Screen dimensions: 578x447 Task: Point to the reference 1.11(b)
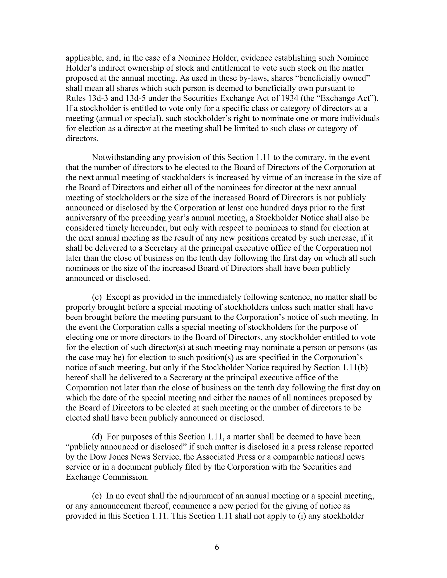click(x=352, y=368)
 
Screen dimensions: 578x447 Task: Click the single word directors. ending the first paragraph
click(x=82, y=139)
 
